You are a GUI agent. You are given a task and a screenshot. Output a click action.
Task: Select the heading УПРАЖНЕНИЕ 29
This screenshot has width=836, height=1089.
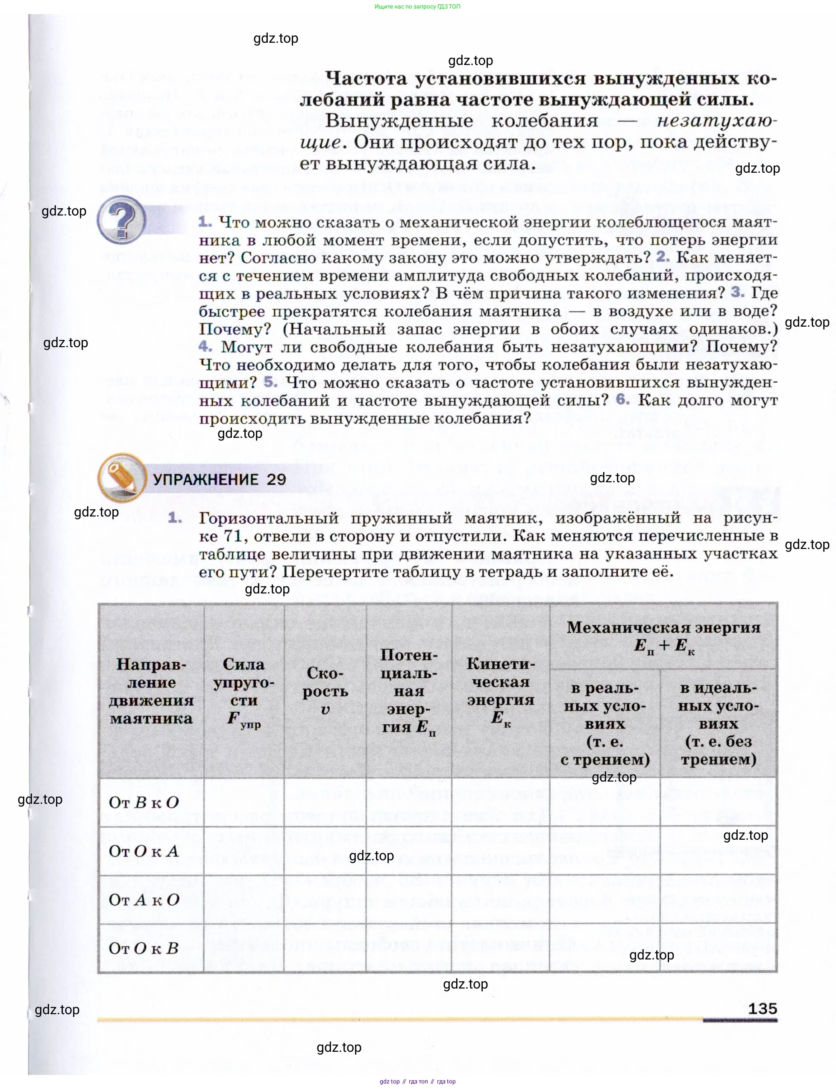pos(220,480)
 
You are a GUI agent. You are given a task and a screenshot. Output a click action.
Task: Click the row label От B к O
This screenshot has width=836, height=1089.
pos(143,802)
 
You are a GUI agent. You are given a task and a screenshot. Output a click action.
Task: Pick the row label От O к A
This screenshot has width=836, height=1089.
pos(143,851)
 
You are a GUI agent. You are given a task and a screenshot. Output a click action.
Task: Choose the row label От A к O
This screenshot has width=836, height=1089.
pos(143,899)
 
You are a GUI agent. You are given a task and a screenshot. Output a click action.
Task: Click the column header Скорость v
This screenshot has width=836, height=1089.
pos(325,691)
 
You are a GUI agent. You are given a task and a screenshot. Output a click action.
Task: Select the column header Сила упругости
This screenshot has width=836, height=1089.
pos(244,691)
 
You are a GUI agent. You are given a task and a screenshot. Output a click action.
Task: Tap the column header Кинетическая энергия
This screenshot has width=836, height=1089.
pos(501,691)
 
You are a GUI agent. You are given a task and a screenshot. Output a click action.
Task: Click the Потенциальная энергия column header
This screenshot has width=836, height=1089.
pos(409,691)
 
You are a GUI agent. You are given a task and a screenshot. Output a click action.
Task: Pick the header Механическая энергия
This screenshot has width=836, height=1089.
pos(663,636)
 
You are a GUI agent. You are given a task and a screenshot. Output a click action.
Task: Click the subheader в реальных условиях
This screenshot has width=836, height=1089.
pos(604,723)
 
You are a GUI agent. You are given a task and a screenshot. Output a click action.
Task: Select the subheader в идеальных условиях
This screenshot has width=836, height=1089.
pos(718,723)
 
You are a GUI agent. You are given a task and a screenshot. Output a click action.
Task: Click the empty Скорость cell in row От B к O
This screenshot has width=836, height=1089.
pos(325,802)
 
